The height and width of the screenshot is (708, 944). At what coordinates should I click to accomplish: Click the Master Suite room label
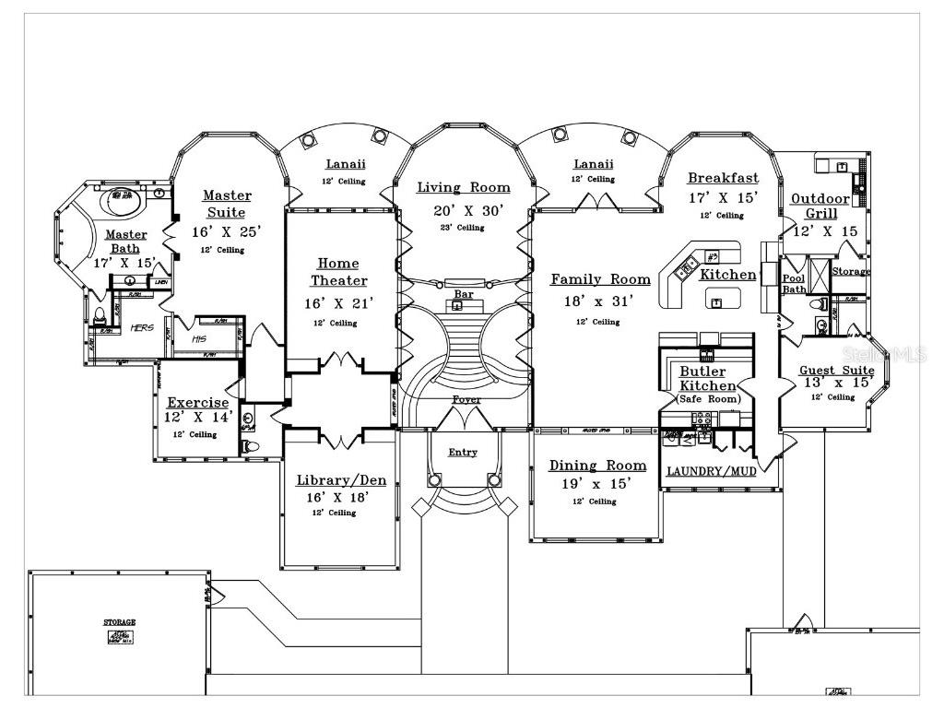pos(226,204)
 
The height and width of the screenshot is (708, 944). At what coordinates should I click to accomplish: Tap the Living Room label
pos(463,188)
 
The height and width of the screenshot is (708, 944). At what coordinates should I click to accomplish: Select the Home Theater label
pos(338,272)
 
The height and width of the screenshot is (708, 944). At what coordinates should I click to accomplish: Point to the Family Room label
pos(600,279)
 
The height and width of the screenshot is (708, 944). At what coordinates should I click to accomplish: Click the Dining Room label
pos(597,466)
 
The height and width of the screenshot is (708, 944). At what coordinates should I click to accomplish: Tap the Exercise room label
pos(197,402)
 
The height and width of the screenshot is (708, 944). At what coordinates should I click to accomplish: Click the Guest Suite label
pos(835,371)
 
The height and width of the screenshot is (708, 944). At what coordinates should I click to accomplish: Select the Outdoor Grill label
pos(820,206)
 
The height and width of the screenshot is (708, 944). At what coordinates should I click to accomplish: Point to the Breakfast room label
pos(723,178)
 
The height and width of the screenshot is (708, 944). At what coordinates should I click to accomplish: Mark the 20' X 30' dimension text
pos(469,210)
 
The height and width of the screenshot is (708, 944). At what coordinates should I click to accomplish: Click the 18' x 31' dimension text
pos(599,301)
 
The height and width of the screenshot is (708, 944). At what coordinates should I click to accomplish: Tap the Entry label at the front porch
pos(463,452)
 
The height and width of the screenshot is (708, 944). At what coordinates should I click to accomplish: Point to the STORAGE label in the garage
pos(119,622)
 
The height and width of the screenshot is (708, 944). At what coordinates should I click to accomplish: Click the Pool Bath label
pos(794,283)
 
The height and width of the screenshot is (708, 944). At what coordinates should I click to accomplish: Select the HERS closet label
pos(141,327)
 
